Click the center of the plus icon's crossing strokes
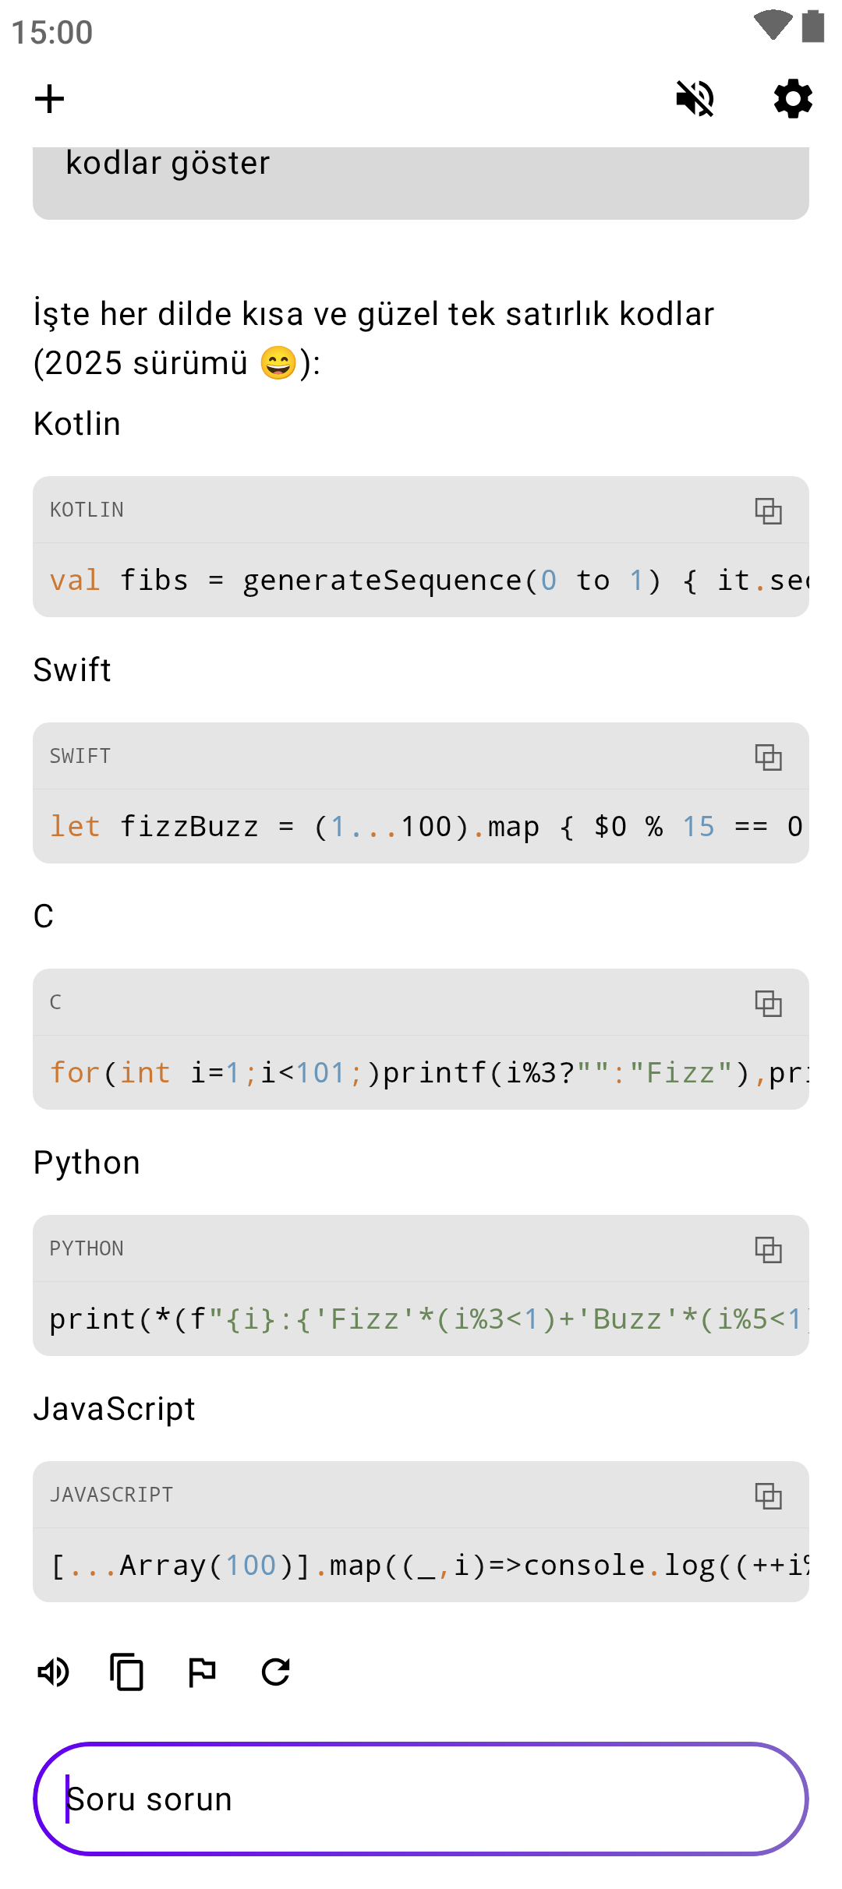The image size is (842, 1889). [49, 99]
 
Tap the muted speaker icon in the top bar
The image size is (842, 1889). [695, 99]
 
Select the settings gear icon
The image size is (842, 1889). [793, 99]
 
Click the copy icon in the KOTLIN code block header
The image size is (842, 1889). [768, 510]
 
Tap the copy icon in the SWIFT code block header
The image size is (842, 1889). [768, 757]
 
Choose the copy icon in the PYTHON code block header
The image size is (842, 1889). [768, 1249]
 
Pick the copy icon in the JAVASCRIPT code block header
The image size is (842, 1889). [768, 1495]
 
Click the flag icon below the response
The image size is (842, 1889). [202, 1672]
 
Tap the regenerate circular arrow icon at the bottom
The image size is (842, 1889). [276, 1672]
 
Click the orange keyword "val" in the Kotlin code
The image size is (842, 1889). [75, 581]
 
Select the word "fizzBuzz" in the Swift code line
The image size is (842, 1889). [189, 827]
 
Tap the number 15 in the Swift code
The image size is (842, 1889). [699, 827]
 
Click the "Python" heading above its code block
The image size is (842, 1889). [87, 1163]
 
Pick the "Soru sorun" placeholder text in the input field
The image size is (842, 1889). [149, 1799]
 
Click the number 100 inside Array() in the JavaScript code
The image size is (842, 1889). [251, 1566]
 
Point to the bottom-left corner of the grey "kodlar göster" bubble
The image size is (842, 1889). [34, 219]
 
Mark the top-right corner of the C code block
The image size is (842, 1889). [808, 969]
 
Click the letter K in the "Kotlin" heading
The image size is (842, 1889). [44, 424]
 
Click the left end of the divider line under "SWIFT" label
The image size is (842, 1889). [34, 789]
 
